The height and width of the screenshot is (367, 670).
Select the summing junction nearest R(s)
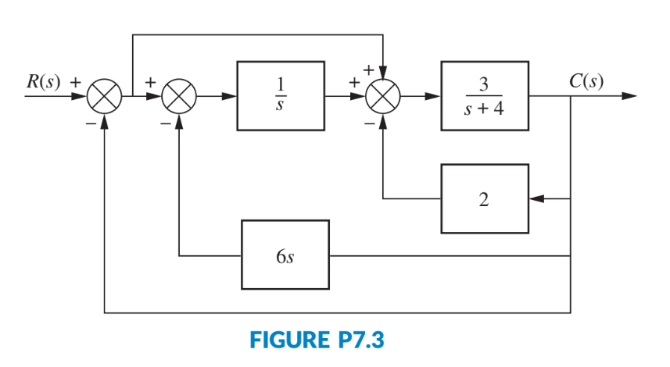click(103, 97)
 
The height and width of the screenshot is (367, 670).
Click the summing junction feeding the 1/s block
click(179, 97)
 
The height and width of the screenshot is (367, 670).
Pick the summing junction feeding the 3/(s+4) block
click(383, 97)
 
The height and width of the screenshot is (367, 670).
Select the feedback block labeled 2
click(484, 198)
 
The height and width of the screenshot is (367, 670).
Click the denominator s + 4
click(484, 110)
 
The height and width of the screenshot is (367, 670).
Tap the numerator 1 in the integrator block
click(285, 84)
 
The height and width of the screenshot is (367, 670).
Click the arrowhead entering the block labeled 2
click(535, 198)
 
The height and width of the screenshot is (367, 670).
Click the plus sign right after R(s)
click(76, 80)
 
